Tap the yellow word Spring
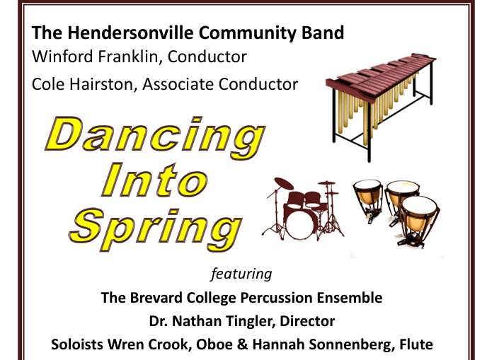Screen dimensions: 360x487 (156, 224)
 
